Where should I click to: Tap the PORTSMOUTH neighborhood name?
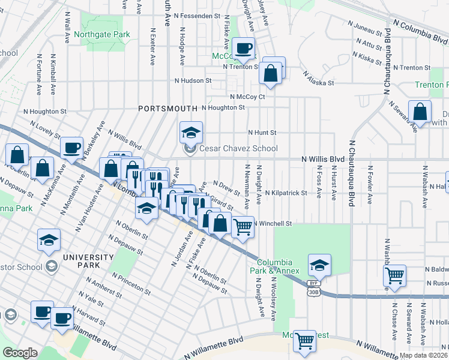pos(167,109)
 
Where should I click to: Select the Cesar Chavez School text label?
pos(238,149)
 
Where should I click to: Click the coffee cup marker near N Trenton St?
pos(243,49)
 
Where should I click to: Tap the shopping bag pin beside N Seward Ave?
pos(421,112)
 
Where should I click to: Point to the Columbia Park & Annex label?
pos(275,266)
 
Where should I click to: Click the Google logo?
pos(20,353)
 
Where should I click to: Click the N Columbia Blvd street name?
pos(420,30)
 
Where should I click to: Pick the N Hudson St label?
pos(193,80)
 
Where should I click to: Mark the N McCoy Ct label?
pos(247,96)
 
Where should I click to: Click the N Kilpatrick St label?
pos(286,193)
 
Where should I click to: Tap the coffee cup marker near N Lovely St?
pos(71,148)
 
